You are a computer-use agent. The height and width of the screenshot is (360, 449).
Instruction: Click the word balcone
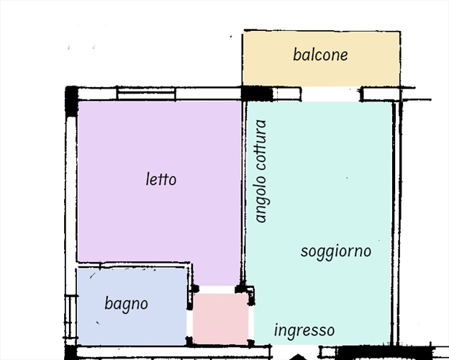point(320,55)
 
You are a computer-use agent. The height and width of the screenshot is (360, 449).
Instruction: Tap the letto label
point(161,179)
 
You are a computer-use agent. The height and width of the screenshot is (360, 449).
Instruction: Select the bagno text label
point(127,304)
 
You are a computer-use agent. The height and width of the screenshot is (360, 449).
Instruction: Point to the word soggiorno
point(336,252)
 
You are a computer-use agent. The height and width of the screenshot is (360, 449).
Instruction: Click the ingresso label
point(304,330)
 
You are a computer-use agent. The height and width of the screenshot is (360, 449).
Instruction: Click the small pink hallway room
point(220,318)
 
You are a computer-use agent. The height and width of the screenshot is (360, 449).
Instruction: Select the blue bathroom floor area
point(132,307)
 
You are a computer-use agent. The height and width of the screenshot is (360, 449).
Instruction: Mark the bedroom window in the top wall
point(146,94)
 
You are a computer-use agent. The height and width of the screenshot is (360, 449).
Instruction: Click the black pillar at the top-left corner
point(71,101)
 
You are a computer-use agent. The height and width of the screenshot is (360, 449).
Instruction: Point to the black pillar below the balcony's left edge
point(257,94)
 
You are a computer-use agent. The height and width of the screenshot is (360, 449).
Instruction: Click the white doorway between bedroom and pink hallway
point(217,289)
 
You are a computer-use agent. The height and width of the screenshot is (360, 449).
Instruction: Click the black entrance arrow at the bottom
point(299,357)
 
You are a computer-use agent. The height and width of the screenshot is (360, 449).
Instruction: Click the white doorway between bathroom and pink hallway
point(189,324)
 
